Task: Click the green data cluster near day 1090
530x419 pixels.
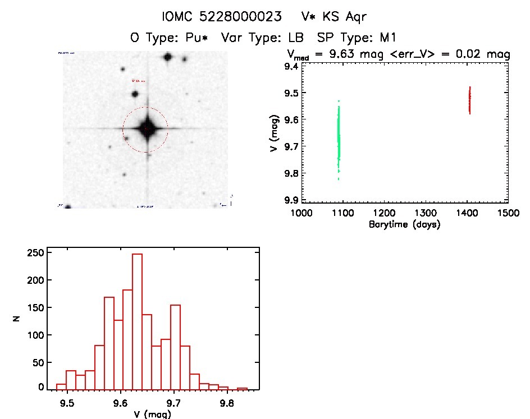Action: click(x=339, y=137)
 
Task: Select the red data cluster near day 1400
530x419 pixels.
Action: click(x=469, y=100)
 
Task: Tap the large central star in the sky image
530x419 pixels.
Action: click(x=146, y=128)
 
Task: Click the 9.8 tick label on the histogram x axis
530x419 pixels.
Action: click(x=226, y=403)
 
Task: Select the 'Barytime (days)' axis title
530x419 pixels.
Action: click(x=404, y=224)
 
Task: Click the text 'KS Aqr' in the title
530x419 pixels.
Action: click(x=343, y=17)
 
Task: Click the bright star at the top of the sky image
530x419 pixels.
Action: click(x=167, y=57)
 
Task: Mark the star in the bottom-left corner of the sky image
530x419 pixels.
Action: click(x=68, y=206)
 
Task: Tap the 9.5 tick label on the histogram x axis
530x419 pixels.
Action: click(x=67, y=403)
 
